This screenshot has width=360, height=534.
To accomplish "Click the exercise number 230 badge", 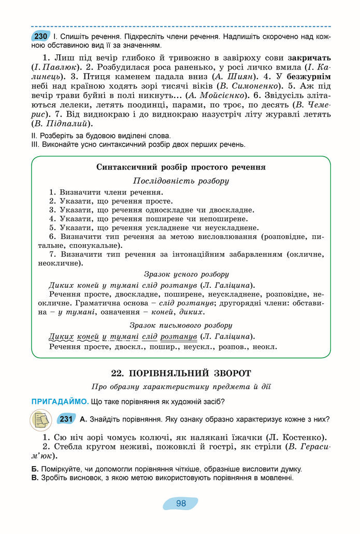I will [x=40, y=37].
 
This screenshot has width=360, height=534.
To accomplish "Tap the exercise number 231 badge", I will [x=66, y=419].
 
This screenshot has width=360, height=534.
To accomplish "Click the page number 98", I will [x=181, y=503].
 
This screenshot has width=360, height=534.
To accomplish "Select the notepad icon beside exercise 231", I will [x=40, y=419].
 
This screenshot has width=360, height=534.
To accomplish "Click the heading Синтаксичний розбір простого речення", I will [x=181, y=167].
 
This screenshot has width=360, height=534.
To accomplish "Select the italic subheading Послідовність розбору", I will [x=181, y=181].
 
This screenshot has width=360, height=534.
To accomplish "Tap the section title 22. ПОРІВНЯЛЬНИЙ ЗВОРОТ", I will [x=181, y=373].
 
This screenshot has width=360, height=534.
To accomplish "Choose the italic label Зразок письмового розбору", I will [x=181, y=325].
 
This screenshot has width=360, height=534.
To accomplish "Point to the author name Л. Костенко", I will [x=298, y=437].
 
